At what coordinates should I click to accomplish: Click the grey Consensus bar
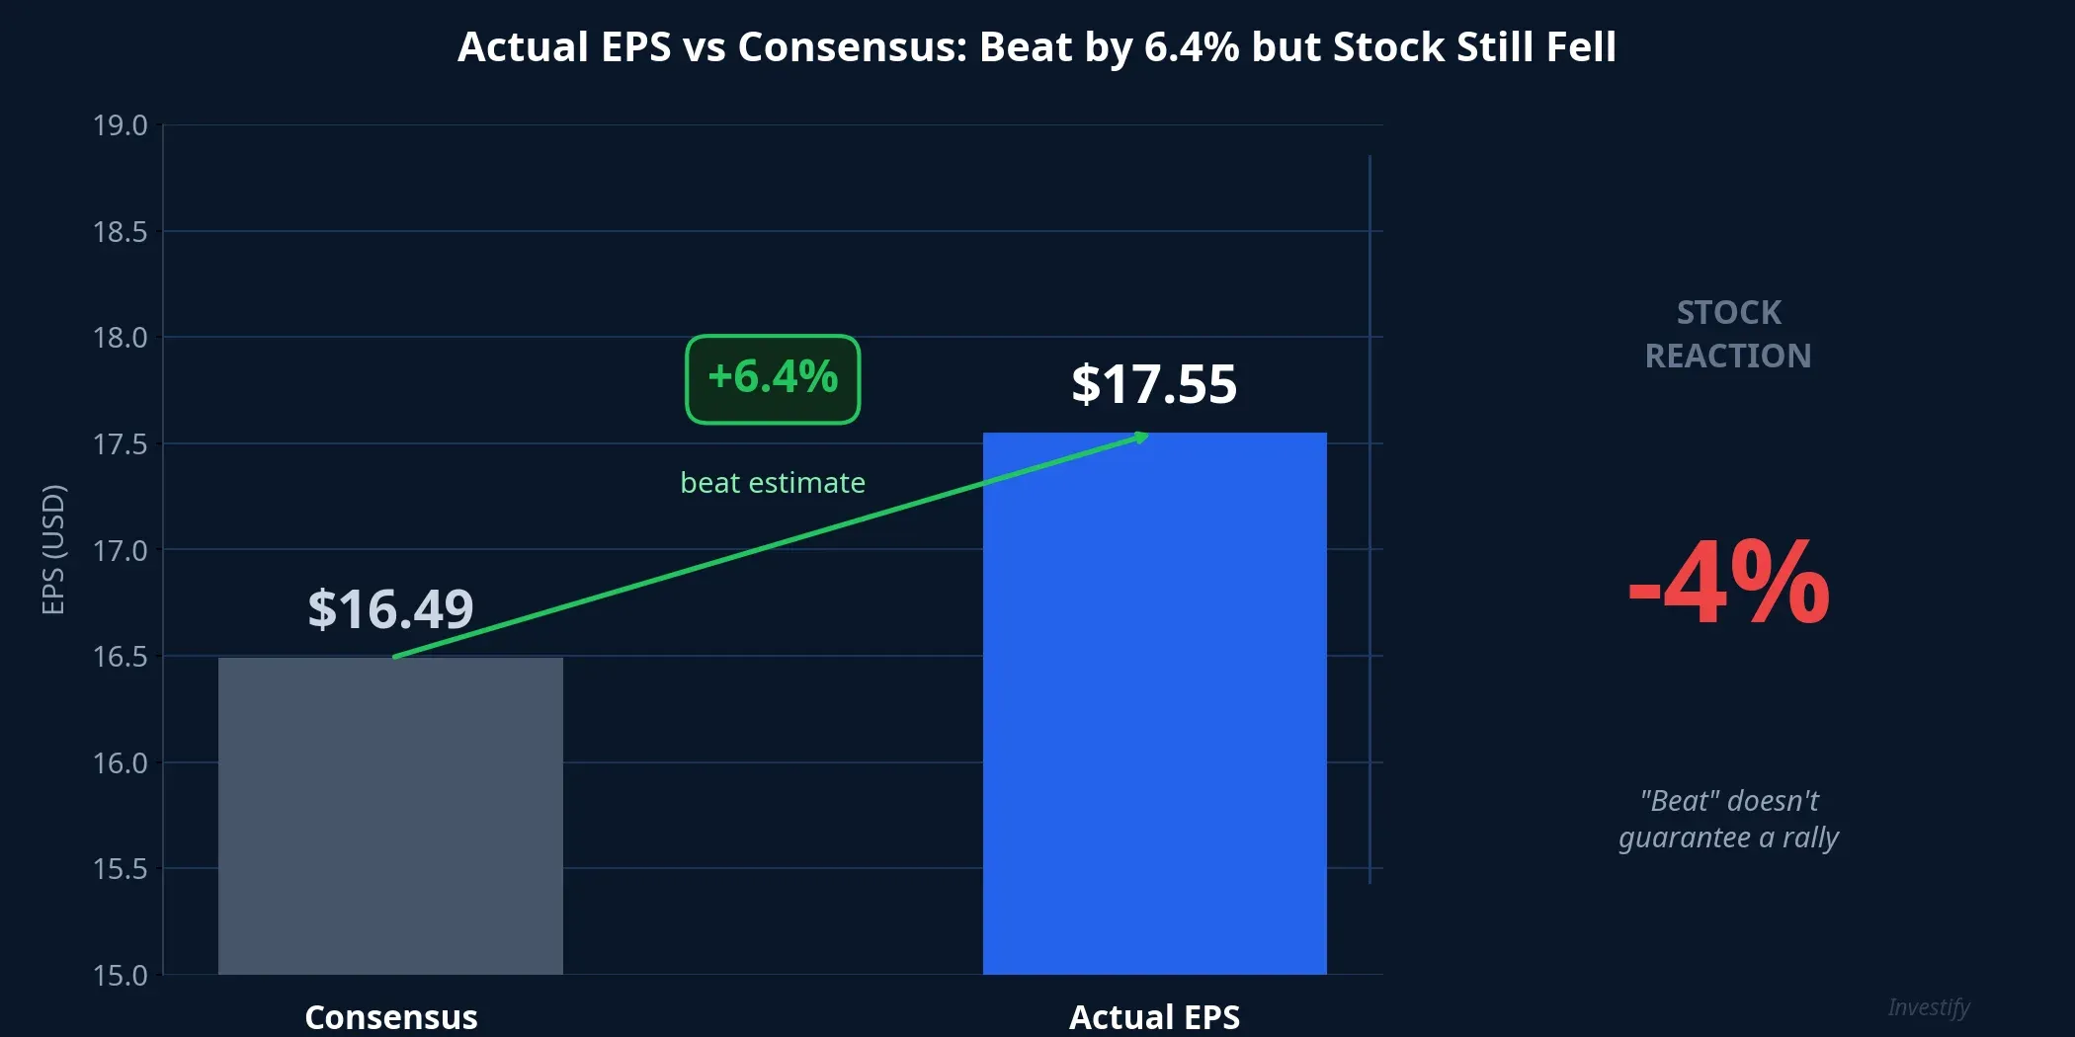[390, 815]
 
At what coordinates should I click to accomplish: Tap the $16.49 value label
[390, 608]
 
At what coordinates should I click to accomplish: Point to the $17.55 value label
[1154, 383]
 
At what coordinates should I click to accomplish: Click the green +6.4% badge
[773, 379]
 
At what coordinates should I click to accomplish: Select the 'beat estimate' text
[773, 483]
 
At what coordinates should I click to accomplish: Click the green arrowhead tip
[1145, 435]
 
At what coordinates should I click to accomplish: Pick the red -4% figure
[1728, 585]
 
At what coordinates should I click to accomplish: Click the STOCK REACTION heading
[1728, 334]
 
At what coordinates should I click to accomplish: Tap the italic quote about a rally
[1728, 819]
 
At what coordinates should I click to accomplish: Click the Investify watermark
[1928, 1007]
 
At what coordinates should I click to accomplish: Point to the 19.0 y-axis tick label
[120, 125]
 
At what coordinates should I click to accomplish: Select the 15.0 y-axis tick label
[120, 976]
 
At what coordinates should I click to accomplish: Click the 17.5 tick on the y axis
[120, 444]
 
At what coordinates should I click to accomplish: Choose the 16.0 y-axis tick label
[120, 763]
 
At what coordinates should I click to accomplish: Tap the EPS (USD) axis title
[53, 549]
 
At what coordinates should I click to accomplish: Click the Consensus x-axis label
[390, 1017]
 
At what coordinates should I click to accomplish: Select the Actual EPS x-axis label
[1154, 1017]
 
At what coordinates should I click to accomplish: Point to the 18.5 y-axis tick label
[120, 232]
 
